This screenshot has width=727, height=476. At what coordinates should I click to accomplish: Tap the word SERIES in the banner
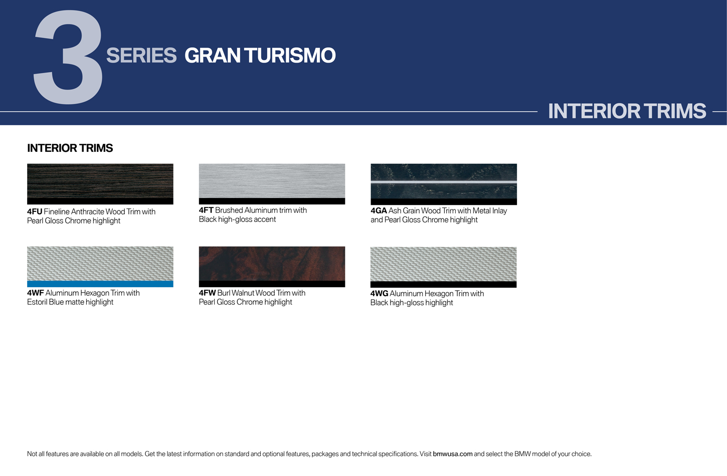pos(141,56)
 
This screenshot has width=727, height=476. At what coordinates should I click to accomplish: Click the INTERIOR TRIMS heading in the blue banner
pos(627,111)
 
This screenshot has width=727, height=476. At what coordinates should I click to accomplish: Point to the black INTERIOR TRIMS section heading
pos(70,148)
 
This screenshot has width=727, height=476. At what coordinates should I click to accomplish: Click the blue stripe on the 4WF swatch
pos(100,284)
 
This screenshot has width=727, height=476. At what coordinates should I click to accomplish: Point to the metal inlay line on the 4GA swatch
pos(444,182)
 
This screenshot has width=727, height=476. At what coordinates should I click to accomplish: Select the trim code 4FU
pos(35,212)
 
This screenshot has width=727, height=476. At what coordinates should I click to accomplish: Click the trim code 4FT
pos(206,210)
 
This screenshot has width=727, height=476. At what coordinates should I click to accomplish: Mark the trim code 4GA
pos(379,211)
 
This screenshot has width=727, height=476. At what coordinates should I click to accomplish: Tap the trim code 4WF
pos(36,293)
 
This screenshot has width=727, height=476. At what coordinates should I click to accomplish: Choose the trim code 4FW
pos(208,293)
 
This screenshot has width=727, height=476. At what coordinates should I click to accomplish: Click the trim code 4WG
pos(380,294)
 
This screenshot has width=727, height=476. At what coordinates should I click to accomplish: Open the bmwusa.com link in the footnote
pos(452,454)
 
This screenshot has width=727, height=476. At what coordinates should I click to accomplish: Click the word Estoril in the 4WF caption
pos(37,302)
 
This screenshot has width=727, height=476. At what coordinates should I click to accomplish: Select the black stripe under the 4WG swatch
pos(443,285)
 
